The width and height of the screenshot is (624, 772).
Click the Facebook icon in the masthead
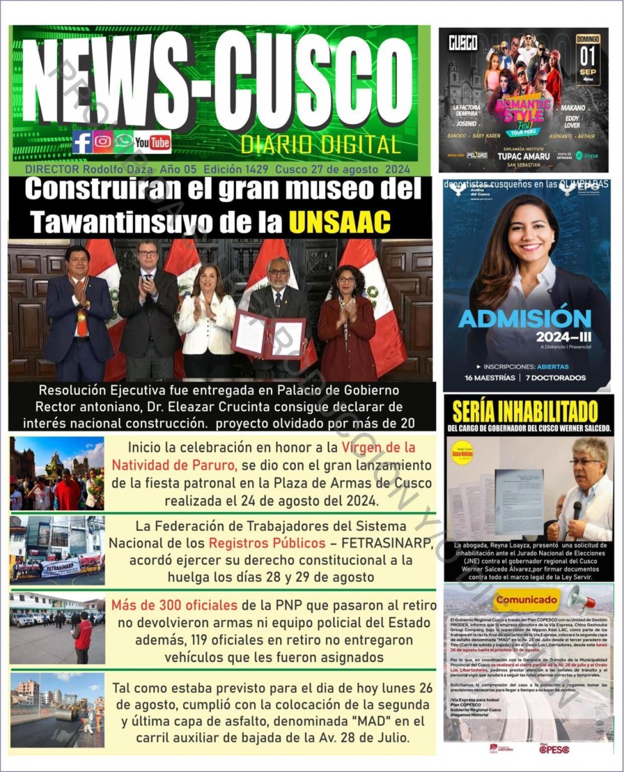82,142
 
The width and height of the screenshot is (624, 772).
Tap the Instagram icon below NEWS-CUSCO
103,142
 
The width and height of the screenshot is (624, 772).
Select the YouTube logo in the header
152,142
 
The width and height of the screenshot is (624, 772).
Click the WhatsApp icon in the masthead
124,142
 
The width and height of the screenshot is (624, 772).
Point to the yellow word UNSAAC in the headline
340,221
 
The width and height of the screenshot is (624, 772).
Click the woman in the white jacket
207,315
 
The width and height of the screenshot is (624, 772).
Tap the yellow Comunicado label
526,600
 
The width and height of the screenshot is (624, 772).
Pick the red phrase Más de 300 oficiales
170,605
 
